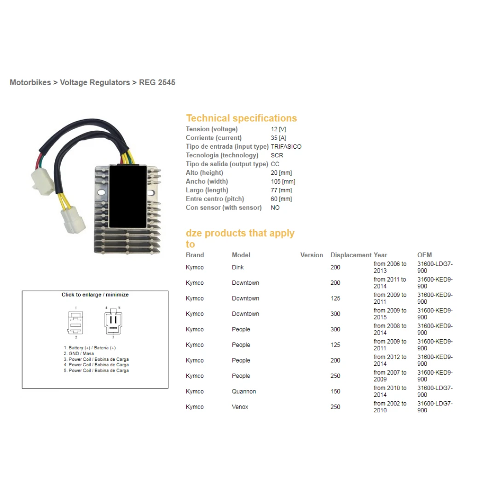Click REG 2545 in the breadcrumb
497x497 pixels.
(157, 82)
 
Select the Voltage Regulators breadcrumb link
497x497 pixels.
(95, 82)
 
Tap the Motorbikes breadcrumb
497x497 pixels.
(30, 82)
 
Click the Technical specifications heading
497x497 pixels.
(242, 118)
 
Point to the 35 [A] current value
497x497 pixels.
(278, 138)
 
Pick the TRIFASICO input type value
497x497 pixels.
(286, 146)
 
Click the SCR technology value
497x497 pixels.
(277, 156)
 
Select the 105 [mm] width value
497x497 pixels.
(283, 181)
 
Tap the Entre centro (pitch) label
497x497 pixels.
(215, 199)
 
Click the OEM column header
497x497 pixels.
(424, 255)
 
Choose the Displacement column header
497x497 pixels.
(351, 255)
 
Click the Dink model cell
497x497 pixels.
(238, 267)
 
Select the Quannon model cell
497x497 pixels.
(244, 392)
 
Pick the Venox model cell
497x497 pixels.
(240, 407)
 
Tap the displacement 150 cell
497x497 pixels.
(335, 392)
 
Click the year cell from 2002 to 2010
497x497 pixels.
(390, 407)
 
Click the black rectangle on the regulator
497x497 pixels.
(128, 196)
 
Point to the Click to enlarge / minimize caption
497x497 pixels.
(95, 295)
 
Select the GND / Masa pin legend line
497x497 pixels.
(79, 353)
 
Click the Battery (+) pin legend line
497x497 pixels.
(90, 348)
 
